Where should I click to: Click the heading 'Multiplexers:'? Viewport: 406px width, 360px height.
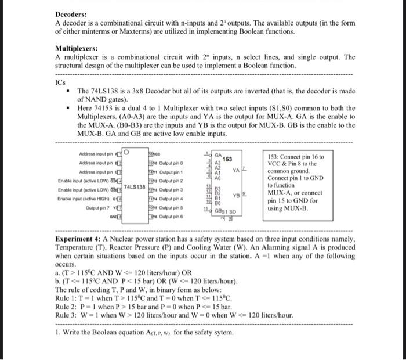tap(77, 49)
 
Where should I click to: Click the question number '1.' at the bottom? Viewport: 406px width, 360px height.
tap(57, 332)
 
